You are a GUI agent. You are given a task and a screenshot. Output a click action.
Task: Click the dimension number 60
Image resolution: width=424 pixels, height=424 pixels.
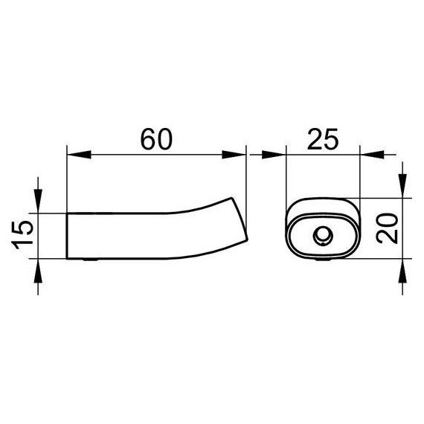coord(156,140)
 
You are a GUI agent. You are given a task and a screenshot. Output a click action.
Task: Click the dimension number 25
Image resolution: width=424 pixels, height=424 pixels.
coord(323,140)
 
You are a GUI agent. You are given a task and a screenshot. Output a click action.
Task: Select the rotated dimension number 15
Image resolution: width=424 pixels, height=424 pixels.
coord(22,235)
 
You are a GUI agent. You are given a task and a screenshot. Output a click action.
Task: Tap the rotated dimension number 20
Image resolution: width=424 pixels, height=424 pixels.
coord(387,228)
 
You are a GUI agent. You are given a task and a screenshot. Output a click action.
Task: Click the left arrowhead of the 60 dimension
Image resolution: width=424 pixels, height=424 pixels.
coord(79,155)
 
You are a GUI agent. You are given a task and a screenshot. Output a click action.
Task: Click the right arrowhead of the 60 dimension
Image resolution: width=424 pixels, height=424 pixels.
coord(234,155)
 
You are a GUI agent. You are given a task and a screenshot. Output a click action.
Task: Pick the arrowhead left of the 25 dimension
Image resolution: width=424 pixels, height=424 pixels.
coord(274,155)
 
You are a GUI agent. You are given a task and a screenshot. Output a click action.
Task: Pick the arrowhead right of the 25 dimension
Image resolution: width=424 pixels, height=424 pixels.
coord(372,155)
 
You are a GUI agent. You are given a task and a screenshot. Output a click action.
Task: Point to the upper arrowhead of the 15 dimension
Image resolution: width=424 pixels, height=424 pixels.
coord(38,201)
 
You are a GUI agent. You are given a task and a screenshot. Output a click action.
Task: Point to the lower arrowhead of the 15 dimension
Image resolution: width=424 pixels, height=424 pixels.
coord(38,271)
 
